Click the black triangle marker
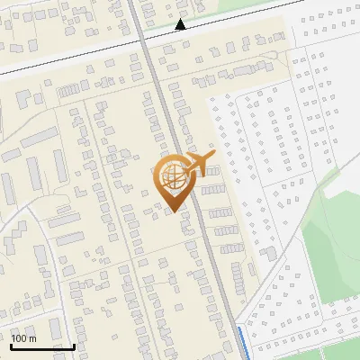pos(181,24)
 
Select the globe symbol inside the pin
pos(171,175)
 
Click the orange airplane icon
pos(199,164)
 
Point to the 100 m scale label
pos(23,338)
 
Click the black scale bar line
pos(42,346)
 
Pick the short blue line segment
pos(243,343)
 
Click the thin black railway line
pos(72,55)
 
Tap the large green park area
pos(333,243)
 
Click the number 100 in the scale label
pos(20,338)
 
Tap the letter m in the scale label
pos(32,338)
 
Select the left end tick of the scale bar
pos(11,345)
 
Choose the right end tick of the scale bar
pos(74,345)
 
